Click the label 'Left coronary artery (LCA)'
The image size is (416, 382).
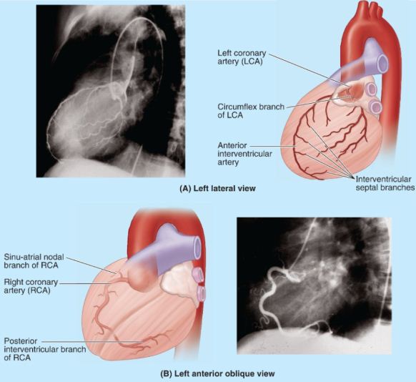(x=242, y=57)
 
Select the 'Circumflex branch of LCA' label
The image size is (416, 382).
(x=251, y=111)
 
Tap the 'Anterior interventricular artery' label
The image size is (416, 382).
(x=244, y=154)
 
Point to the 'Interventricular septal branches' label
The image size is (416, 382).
(x=385, y=183)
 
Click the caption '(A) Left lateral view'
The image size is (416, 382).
(x=217, y=188)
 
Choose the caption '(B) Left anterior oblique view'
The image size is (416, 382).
(x=217, y=373)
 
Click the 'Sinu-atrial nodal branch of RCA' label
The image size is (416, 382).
(x=34, y=261)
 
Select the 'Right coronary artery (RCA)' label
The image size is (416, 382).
(x=31, y=286)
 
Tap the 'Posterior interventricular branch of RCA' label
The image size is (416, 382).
(x=44, y=349)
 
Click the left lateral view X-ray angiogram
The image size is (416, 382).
(x=110, y=91)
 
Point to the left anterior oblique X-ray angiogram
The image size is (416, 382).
(x=314, y=286)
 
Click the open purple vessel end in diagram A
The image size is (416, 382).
(x=382, y=63)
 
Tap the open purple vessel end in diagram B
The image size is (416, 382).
(x=197, y=248)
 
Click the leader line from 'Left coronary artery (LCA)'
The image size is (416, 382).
(x=309, y=70)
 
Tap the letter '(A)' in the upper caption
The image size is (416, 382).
(x=185, y=188)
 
